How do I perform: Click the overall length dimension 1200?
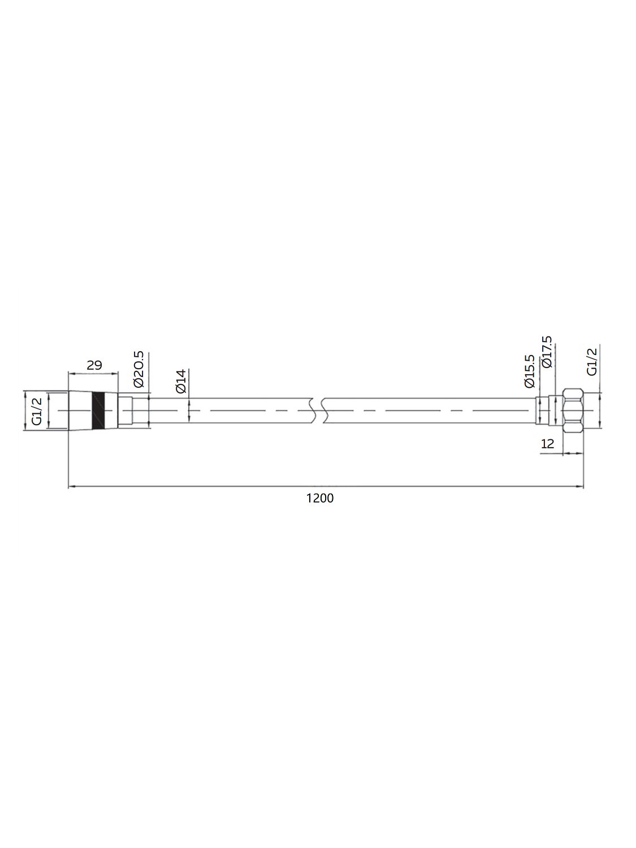(319, 498)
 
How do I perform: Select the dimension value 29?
(94, 365)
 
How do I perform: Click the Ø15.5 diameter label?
(530, 371)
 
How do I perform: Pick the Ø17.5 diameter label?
(547, 353)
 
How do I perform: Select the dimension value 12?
(547, 444)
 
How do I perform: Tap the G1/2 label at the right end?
(592, 361)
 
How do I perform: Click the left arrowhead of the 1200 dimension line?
(71, 486)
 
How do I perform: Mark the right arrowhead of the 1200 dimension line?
(580, 486)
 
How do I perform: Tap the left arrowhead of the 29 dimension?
(71, 374)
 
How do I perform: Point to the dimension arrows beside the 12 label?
(572, 453)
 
